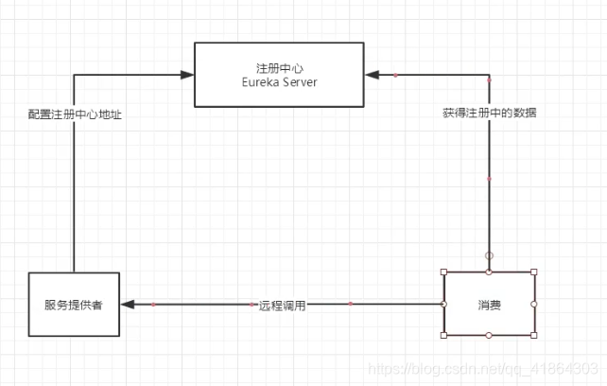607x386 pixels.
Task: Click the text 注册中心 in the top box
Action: [x=279, y=67]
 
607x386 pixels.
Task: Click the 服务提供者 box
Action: [x=74, y=305]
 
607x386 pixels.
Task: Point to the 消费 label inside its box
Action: [x=489, y=305]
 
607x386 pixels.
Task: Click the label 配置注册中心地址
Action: [x=74, y=114]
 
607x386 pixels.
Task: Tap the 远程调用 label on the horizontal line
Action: [x=283, y=306]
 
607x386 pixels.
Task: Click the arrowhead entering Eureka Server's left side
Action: [x=185, y=74]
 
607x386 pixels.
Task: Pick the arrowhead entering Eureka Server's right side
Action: [x=373, y=74]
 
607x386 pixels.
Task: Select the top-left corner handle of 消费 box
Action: [x=444, y=272]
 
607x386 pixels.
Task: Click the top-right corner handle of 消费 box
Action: [x=534, y=272]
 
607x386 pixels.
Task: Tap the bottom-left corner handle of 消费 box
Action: [x=444, y=336]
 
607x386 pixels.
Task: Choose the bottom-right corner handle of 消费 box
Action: [x=534, y=336]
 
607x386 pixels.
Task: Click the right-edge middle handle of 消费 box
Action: [x=534, y=304]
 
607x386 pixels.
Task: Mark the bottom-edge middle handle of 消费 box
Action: [x=489, y=336]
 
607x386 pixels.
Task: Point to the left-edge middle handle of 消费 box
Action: [x=444, y=304]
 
